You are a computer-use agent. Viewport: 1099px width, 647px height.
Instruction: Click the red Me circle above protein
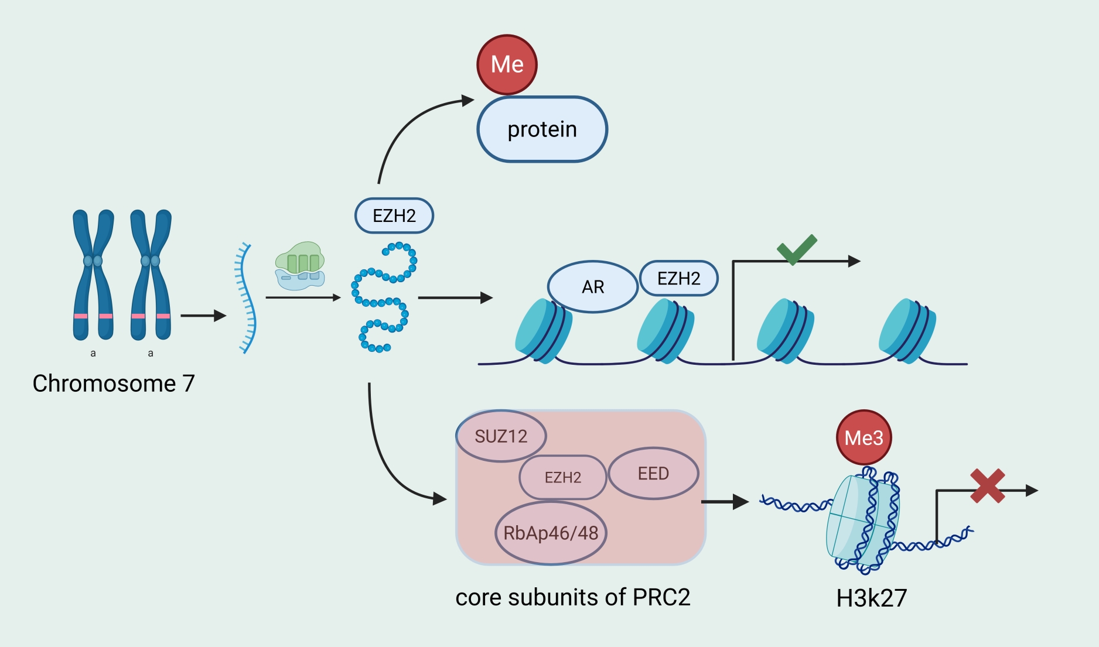click(x=507, y=64)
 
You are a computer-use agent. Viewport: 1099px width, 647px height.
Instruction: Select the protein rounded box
click(x=542, y=129)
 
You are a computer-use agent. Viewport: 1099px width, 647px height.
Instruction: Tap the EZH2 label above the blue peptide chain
click(x=394, y=215)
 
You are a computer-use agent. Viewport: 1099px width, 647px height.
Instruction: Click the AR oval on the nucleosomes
click(x=592, y=287)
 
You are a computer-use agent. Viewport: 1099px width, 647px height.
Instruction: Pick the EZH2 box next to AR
click(x=678, y=278)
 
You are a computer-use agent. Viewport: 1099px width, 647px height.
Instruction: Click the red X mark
click(x=987, y=486)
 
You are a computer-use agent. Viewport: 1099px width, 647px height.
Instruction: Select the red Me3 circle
click(x=863, y=438)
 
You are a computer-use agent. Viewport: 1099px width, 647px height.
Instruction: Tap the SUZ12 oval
click(x=501, y=436)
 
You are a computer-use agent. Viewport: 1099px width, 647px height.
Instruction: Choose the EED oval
click(x=653, y=473)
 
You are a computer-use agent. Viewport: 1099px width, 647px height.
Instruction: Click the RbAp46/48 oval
click(x=551, y=533)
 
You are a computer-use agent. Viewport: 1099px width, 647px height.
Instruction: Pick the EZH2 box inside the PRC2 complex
click(x=562, y=477)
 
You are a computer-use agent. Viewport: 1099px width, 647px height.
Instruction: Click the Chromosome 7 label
click(x=114, y=384)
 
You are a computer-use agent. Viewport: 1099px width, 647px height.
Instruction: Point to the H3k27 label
click(x=871, y=598)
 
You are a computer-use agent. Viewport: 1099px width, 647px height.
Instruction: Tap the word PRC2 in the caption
click(x=661, y=597)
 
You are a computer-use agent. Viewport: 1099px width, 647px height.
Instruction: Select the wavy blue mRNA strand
click(x=247, y=299)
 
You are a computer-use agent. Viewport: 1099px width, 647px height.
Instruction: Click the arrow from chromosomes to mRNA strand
click(x=203, y=316)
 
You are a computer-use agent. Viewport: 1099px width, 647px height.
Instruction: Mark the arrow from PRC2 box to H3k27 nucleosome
click(x=724, y=502)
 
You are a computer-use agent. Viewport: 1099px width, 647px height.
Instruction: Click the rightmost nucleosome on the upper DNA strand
click(x=906, y=331)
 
